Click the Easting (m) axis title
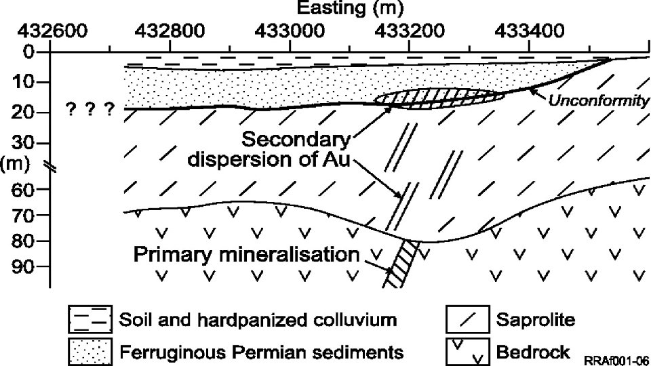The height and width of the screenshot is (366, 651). pyautogui.click(x=350, y=9)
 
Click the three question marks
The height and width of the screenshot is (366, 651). pyautogui.click(x=90, y=109)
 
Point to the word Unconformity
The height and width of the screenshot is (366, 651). pyautogui.click(x=598, y=101)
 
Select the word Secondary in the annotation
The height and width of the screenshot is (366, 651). pyautogui.click(x=296, y=141)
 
